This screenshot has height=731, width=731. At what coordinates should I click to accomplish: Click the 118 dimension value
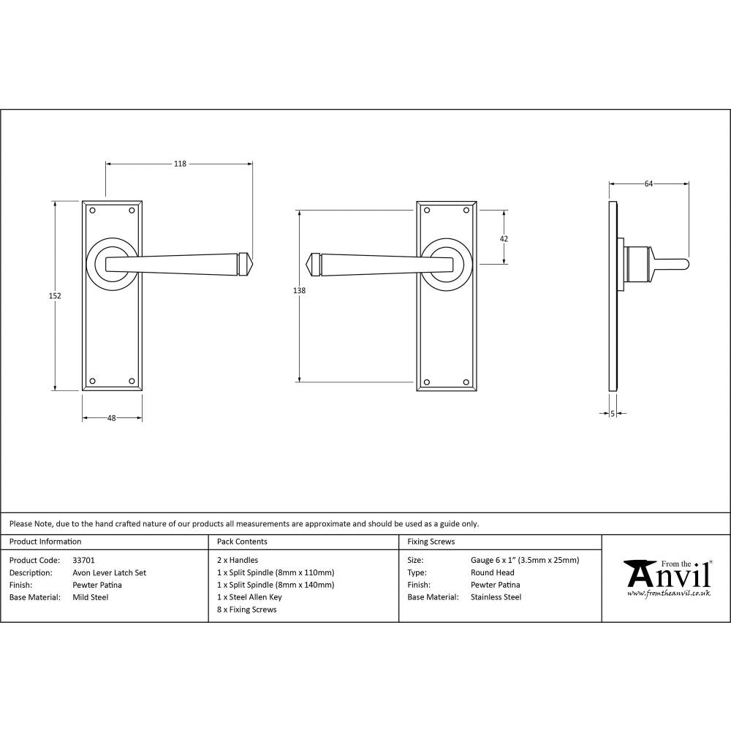point(179,164)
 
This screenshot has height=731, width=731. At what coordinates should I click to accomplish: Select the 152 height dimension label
point(55,296)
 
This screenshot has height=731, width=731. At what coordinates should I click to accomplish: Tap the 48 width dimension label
point(112,418)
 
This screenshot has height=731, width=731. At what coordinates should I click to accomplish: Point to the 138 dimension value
point(298,291)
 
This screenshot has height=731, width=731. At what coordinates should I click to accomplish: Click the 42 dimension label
point(504,238)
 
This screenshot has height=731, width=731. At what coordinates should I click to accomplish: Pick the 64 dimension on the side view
point(648,184)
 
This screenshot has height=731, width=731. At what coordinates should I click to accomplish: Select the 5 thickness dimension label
point(612,414)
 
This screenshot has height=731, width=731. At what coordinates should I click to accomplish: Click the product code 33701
point(84,561)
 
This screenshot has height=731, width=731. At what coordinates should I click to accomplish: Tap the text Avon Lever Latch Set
point(109,573)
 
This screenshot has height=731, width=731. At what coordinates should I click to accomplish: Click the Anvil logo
point(666,577)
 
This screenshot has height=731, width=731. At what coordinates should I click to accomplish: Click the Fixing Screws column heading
point(431,542)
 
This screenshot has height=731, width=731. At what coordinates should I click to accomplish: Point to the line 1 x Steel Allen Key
point(249,597)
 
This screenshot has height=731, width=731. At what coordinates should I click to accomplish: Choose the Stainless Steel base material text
point(496,597)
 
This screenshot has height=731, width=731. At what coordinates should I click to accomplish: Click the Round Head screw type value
point(492,573)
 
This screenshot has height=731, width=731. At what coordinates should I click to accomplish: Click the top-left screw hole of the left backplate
point(93,211)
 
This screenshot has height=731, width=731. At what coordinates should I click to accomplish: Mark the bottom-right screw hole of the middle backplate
point(466,381)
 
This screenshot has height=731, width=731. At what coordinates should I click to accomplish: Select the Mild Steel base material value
point(91,597)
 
